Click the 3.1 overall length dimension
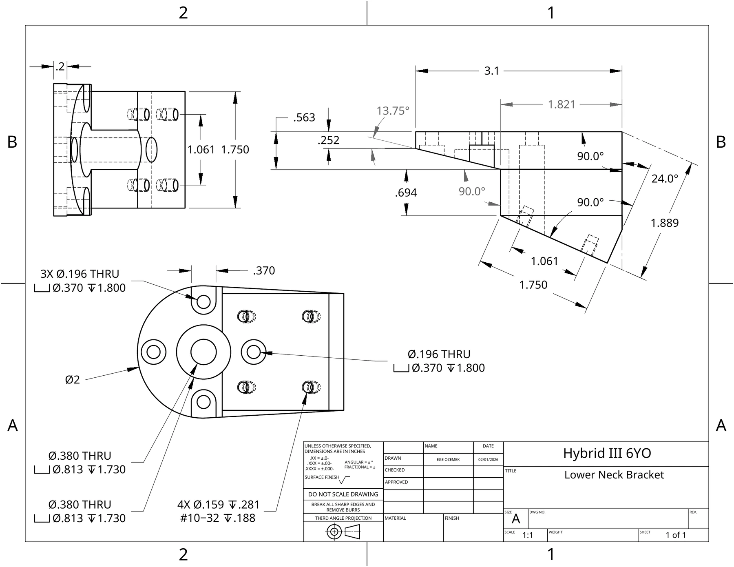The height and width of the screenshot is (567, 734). pyautogui.click(x=492, y=71)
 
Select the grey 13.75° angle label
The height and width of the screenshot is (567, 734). pyautogui.click(x=393, y=111)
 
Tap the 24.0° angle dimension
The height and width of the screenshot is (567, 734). pyautogui.click(x=665, y=179)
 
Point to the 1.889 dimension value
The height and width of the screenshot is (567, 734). pyautogui.click(x=665, y=223)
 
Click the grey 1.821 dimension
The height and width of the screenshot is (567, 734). pyautogui.click(x=562, y=104)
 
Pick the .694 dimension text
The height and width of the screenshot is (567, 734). pyautogui.click(x=406, y=193)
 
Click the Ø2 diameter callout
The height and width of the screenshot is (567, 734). pyautogui.click(x=73, y=380)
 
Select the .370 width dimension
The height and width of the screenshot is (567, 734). pyautogui.click(x=264, y=270)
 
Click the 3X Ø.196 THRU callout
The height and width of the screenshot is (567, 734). pyautogui.click(x=80, y=274)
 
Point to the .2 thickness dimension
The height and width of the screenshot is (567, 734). pyautogui.click(x=60, y=66)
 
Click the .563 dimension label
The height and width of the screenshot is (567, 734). pyautogui.click(x=304, y=117)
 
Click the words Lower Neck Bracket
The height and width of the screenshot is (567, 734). pyautogui.click(x=614, y=475)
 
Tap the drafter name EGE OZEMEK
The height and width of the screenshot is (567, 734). pyautogui.click(x=448, y=460)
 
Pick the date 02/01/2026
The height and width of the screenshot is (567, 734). pyautogui.click(x=488, y=460)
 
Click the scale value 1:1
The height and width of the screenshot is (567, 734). pyautogui.click(x=528, y=535)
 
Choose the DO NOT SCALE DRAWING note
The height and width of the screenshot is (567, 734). pyautogui.click(x=343, y=494)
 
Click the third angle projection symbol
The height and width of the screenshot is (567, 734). pyautogui.click(x=343, y=532)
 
